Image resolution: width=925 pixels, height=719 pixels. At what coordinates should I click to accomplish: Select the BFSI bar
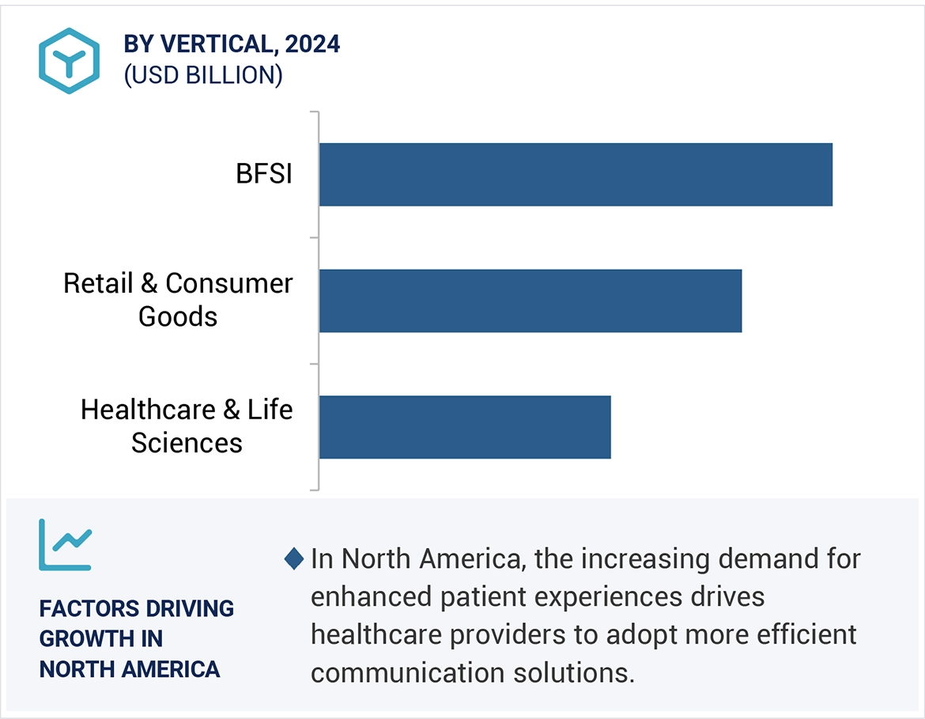tap(576, 175)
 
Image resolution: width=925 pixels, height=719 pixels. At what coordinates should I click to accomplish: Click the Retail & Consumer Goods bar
tap(530, 301)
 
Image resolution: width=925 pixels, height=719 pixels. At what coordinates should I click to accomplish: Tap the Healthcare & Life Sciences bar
tap(465, 427)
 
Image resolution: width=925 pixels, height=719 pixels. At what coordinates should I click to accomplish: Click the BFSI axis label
tap(264, 174)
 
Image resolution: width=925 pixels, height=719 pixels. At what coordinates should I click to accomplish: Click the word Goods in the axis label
tap(178, 317)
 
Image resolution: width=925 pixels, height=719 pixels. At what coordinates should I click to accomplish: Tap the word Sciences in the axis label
tap(187, 443)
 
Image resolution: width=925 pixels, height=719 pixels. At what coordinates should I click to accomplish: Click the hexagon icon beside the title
tap(69, 61)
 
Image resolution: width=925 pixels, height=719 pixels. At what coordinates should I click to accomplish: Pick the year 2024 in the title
tap(312, 44)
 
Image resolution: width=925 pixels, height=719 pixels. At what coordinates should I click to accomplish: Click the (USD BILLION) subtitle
tap(202, 75)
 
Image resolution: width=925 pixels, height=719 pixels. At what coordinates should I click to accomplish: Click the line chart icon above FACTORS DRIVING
tap(65, 545)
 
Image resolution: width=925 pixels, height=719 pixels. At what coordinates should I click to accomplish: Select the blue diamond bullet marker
tap(293, 559)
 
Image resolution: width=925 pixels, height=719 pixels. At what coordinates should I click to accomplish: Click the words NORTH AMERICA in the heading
tap(130, 669)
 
